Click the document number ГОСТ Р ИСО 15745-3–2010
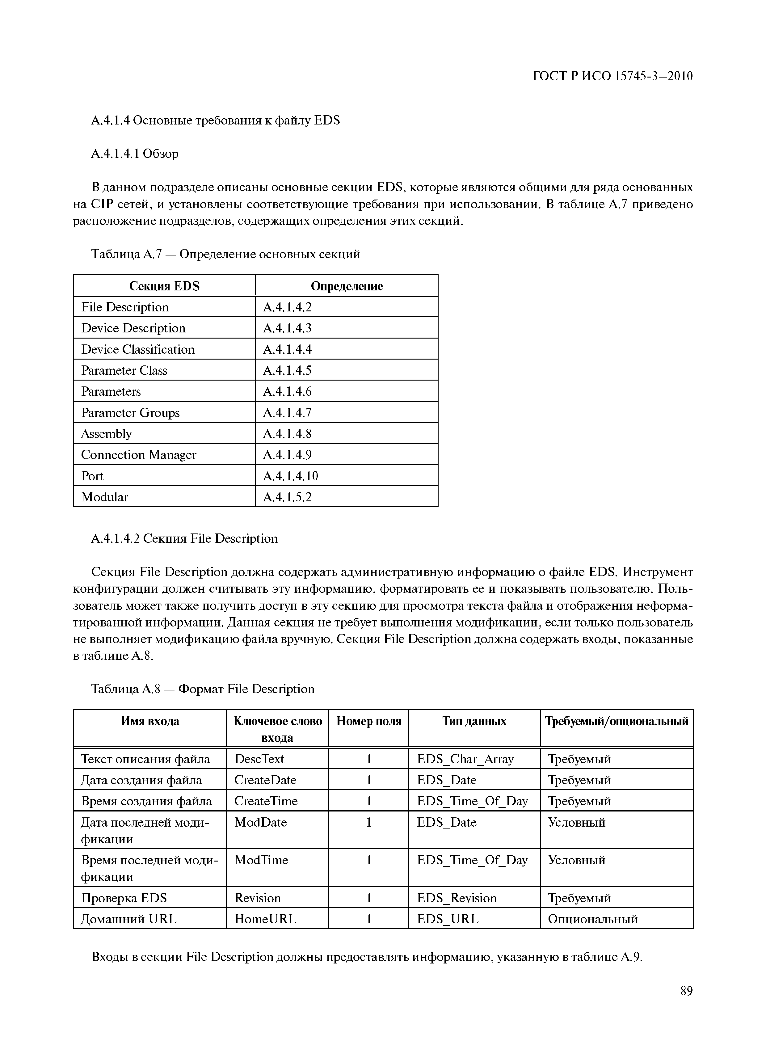click(612, 76)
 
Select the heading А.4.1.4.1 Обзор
click(135, 154)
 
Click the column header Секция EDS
click(164, 286)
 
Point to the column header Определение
click(347, 286)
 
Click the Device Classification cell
click(138, 349)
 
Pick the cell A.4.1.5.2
click(287, 497)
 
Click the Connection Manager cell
click(139, 455)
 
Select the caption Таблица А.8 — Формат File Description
click(203, 689)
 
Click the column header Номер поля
click(368, 721)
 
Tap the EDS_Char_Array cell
click(465, 759)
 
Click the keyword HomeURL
click(265, 919)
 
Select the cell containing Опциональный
click(592, 919)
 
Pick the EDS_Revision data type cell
click(457, 898)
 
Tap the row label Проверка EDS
click(124, 898)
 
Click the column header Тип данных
click(474, 721)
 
